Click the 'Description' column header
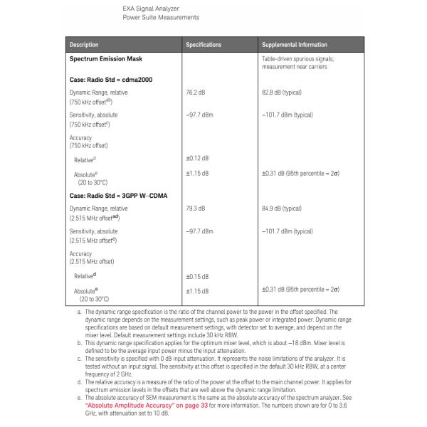coord(85,45)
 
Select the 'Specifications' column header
coord(204,45)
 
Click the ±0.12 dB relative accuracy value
coord(197,157)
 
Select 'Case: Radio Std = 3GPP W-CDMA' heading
coord(118,196)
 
